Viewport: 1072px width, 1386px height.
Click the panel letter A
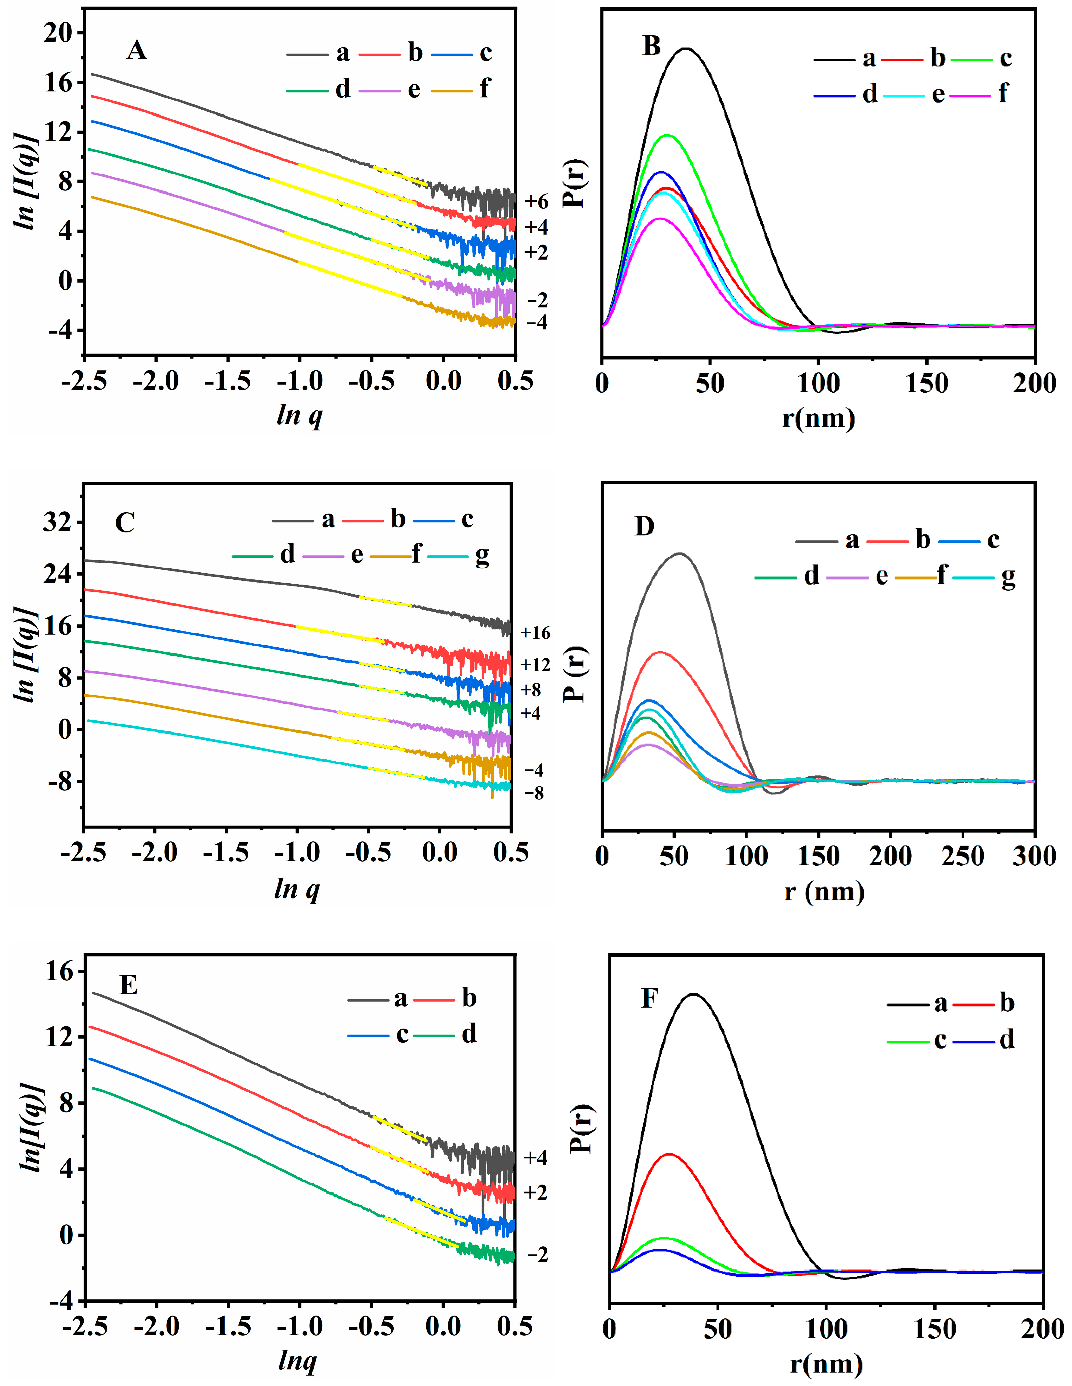tap(137, 50)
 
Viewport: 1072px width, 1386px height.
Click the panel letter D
tap(644, 526)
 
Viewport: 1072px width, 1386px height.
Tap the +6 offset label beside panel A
tap(536, 202)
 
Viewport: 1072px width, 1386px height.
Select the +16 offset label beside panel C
tap(535, 633)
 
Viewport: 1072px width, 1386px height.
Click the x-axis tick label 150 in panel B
tap(927, 384)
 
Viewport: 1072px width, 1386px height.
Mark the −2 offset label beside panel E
tap(537, 1255)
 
